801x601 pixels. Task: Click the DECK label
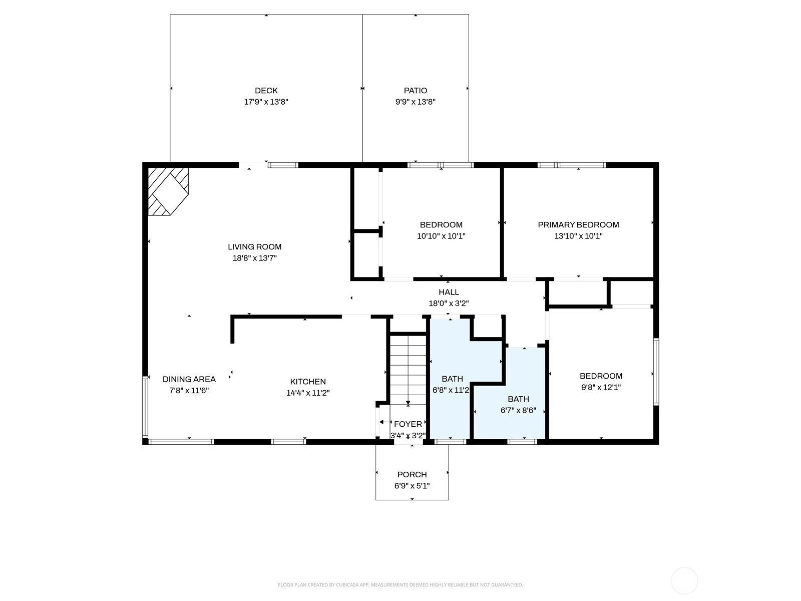(266, 91)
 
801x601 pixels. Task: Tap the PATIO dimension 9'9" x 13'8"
(416, 102)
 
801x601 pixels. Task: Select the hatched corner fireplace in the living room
(168, 192)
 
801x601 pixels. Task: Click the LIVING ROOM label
(254, 247)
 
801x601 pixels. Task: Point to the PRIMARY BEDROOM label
(578, 225)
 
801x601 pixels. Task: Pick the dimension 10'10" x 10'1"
(441, 236)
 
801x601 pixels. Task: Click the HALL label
(449, 292)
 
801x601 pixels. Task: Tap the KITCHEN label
(307, 382)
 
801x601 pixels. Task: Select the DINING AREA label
(189, 379)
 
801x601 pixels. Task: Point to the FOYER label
(408, 424)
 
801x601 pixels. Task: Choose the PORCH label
(412, 475)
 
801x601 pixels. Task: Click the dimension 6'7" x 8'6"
(518, 411)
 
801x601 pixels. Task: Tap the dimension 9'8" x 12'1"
(601, 388)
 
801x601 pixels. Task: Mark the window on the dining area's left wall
(145, 407)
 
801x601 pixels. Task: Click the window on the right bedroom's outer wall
(656, 372)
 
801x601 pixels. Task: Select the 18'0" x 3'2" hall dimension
(449, 303)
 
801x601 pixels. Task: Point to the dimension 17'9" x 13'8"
(266, 102)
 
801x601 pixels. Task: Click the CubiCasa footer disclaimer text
(400, 585)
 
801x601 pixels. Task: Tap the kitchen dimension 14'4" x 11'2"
(307, 393)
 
